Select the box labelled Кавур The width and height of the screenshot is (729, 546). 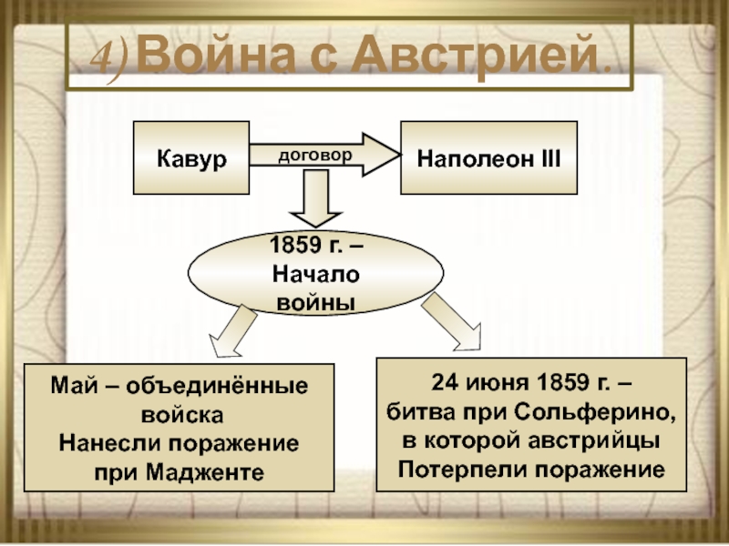pos(191,157)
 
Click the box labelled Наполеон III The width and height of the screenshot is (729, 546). pos(488,157)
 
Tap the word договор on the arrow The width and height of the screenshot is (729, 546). pos(314,156)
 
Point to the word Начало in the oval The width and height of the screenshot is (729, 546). pos(315,274)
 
